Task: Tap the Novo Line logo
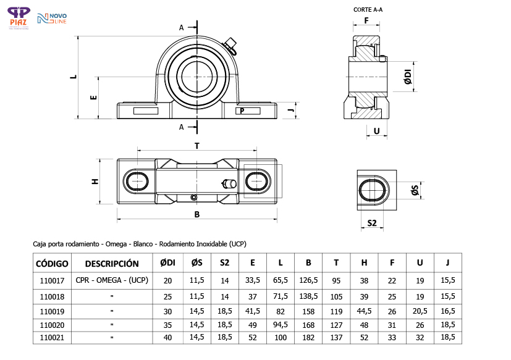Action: pyautogui.click(x=51, y=19)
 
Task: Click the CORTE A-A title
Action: pyautogui.click(x=368, y=9)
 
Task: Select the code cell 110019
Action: pyautogui.click(x=52, y=311)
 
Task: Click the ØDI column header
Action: pyautogui.click(x=167, y=263)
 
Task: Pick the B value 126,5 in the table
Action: pyautogui.click(x=308, y=280)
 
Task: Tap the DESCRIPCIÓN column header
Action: pyautogui.click(x=112, y=263)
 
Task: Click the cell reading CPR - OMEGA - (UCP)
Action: pyautogui.click(x=112, y=280)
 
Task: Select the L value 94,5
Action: pyautogui.click(x=280, y=324)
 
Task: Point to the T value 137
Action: pyautogui.click(x=336, y=337)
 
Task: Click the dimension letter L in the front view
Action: pyautogui.click(x=74, y=77)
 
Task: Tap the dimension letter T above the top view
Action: pyautogui.click(x=196, y=146)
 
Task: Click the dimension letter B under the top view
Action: pyautogui.click(x=196, y=215)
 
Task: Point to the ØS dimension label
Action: pyautogui.click(x=415, y=191)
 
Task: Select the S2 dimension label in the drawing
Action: pyautogui.click(x=372, y=223)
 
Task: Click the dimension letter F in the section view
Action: pyautogui.click(x=366, y=20)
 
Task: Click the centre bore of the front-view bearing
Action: pyautogui.click(x=196, y=77)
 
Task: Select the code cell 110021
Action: pyautogui.click(x=52, y=337)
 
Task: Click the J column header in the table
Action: pyautogui.click(x=447, y=263)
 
